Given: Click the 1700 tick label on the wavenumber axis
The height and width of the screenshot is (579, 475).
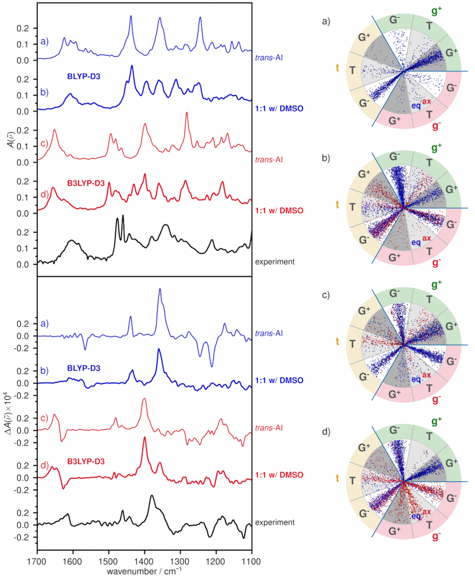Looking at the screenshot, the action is point(37,561).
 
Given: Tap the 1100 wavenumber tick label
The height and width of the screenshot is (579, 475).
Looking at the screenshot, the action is point(252,561).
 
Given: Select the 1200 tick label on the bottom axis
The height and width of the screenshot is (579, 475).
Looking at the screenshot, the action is point(216,561).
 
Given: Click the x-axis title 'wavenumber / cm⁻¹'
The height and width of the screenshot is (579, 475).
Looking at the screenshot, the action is point(144,571).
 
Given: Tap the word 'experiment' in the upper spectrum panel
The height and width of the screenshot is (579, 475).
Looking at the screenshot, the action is point(275,262).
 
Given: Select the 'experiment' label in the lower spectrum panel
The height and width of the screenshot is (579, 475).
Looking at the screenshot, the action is point(275,522).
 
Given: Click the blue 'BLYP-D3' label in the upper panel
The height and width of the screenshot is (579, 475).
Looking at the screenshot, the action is point(84,77).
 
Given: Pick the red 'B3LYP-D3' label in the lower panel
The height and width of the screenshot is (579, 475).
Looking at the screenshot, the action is point(86,461).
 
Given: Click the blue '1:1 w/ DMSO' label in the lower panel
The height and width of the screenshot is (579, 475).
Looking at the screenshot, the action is point(279,381).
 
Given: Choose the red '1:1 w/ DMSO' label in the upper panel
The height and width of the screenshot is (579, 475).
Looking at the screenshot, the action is point(279,210).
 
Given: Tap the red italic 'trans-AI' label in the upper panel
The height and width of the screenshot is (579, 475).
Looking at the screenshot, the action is point(269,160).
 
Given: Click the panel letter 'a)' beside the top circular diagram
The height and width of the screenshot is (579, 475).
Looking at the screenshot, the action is point(326,21).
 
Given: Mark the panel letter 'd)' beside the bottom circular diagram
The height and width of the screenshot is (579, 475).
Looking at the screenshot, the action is point(326,431).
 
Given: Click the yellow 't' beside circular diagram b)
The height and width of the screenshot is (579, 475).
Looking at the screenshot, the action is point(337,205).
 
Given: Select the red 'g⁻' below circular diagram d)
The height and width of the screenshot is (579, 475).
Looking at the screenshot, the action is point(436,536).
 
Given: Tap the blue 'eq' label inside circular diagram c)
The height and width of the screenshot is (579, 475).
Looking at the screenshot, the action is point(416,379).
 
